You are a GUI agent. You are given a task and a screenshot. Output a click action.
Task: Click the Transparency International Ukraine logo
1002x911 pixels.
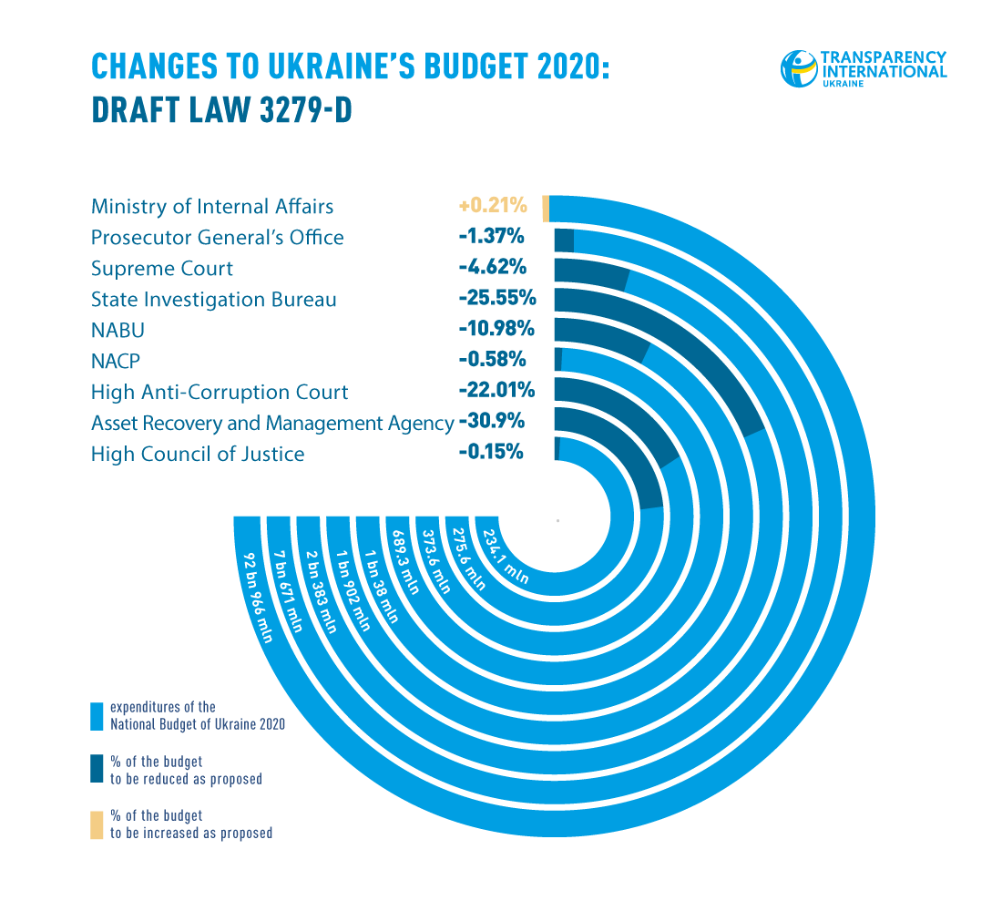pos(863,69)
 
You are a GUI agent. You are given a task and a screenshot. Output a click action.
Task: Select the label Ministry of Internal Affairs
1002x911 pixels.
pos(212,207)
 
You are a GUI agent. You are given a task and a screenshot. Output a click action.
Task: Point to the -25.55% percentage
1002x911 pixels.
pos(497,299)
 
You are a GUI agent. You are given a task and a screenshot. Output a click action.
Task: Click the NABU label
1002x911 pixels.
pos(118,330)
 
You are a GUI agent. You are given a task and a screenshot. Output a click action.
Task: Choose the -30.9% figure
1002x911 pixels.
pos(492,423)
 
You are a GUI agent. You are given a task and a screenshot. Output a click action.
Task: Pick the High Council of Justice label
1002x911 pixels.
pos(198,454)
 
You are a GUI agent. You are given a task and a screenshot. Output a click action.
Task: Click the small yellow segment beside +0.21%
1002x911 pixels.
pos(546,208)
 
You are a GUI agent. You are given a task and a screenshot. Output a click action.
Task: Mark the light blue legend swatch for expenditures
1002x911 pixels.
pos(97,717)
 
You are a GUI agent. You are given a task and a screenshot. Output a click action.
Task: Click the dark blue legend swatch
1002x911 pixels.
pos(97,770)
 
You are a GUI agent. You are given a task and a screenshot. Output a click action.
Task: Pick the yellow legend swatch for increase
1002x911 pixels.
pos(97,824)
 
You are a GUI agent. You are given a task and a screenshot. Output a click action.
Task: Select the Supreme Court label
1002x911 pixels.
pos(162,269)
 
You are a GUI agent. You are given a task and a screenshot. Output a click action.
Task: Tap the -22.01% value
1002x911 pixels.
pos(497,392)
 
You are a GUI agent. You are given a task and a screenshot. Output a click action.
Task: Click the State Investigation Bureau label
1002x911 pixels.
pos(214,300)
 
